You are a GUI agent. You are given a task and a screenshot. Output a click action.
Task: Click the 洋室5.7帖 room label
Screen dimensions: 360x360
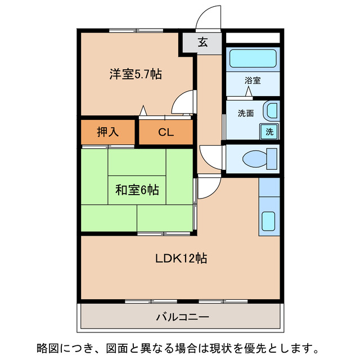pos(136,73)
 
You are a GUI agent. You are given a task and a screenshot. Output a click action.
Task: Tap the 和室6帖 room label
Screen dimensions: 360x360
pos(137,190)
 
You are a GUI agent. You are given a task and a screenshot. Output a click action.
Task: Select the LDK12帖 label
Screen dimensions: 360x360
pos(181,259)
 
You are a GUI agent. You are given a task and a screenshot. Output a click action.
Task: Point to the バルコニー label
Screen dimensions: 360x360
pos(182,317)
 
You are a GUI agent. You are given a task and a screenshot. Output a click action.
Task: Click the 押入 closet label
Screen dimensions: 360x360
pos(108,132)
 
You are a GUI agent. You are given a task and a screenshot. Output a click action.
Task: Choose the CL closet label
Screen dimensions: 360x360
pos(165,133)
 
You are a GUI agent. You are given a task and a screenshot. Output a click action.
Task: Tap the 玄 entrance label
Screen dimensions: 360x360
pos(202,42)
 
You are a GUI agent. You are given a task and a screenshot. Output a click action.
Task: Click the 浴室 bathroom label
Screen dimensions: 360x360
pos(253,80)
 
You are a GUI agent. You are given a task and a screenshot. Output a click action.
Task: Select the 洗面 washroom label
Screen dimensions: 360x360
pos(246,113)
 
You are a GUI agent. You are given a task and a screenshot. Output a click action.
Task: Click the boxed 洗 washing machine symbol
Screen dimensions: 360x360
pos(270,132)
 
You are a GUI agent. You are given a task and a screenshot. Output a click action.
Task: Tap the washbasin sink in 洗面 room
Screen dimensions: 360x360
pos(272,111)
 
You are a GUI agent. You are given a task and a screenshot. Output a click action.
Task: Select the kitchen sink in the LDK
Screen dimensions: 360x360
pos(269,222)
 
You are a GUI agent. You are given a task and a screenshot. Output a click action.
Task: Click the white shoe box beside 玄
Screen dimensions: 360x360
pos(253,38)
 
